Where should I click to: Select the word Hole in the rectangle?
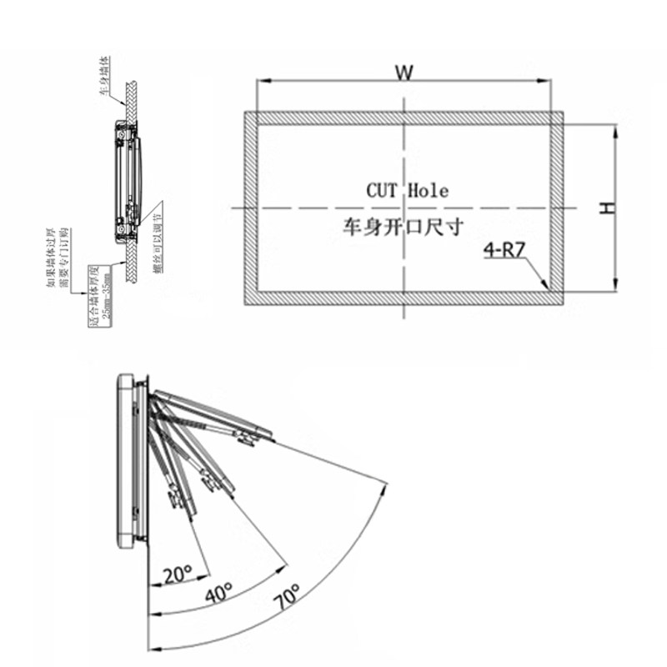click(429, 191)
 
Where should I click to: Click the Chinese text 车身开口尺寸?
click(402, 226)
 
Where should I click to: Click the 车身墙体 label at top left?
click(106, 77)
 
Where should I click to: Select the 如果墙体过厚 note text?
click(52, 258)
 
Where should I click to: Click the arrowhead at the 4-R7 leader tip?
click(545, 288)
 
